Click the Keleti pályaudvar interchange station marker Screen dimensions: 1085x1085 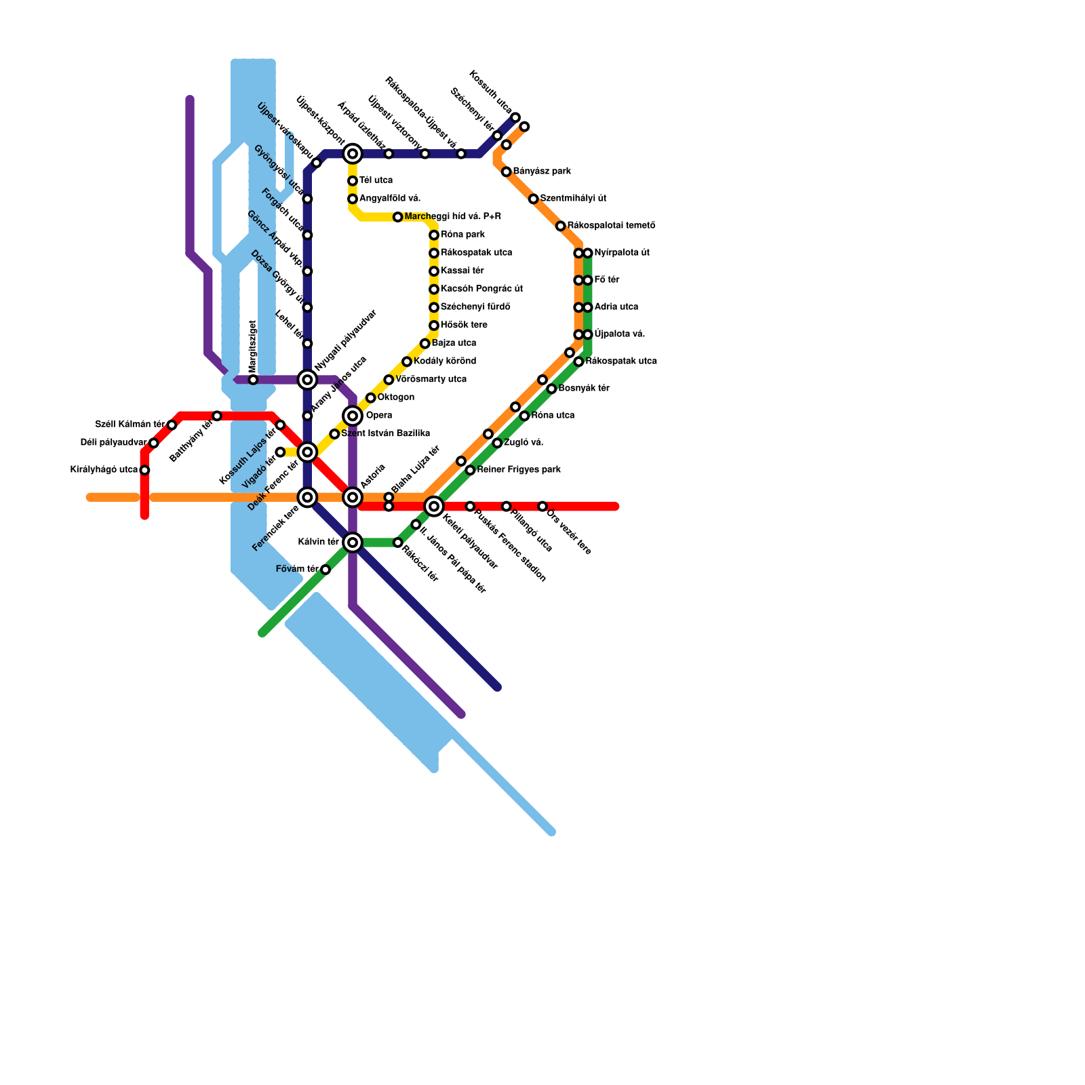(x=434, y=506)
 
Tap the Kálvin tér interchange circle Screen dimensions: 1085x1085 (x=353, y=542)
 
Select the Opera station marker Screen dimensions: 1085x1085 (x=353, y=416)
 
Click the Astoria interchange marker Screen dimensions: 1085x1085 (x=353, y=497)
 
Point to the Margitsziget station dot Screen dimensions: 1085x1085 (x=253, y=380)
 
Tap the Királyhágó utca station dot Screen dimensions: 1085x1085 (x=144, y=470)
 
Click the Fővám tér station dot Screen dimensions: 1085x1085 (x=325, y=570)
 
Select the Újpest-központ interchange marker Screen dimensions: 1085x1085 (x=353, y=154)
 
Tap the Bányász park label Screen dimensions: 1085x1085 (x=542, y=172)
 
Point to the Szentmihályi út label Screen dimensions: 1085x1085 (x=573, y=199)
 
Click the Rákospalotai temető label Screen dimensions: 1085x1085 (x=611, y=226)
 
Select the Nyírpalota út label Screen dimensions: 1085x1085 (x=622, y=253)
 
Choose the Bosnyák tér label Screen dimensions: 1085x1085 (x=584, y=389)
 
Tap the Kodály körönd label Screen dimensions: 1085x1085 (x=445, y=361)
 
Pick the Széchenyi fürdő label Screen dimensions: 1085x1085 (x=475, y=307)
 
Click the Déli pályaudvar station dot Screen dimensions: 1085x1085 (x=154, y=443)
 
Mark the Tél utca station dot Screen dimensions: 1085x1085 (x=353, y=181)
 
